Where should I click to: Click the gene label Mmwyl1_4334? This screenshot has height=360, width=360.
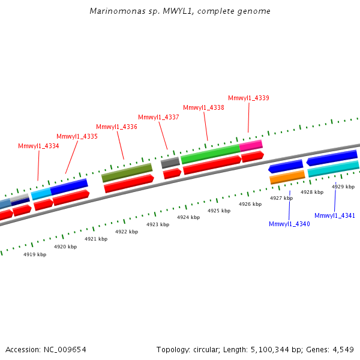(x=38, y=146)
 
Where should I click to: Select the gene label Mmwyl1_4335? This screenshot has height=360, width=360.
(x=77, y=136)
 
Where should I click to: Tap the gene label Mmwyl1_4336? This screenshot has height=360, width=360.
(x=116, y=127)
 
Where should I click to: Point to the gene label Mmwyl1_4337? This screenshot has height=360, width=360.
(x=158, y=117)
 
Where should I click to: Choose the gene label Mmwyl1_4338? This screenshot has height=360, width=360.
(x=203, y=107)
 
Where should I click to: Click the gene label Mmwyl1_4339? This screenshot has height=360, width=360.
(x=248, y=98)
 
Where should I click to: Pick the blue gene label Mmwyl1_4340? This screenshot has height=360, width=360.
(x=289, y=224)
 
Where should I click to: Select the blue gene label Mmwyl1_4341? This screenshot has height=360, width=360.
(x=335, y=215)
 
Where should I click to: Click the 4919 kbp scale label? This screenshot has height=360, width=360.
(x=35, y=254)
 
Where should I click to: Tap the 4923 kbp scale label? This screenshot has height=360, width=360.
(x=158, y=224)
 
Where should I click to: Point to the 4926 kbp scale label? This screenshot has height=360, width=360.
(x=250, y=204)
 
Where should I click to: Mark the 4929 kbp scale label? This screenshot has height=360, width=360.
(x=343, y=187)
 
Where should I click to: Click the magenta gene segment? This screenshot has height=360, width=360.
(x=251, y=145)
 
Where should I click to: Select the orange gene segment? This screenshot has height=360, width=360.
(x=287, y=177)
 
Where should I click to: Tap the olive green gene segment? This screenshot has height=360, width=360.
(x=127, y=173)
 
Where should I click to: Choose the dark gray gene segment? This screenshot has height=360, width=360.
(x=170, y=163)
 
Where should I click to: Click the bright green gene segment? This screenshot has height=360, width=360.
(x=210, y=154)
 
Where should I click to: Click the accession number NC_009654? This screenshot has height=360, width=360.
(x=64, y=349)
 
